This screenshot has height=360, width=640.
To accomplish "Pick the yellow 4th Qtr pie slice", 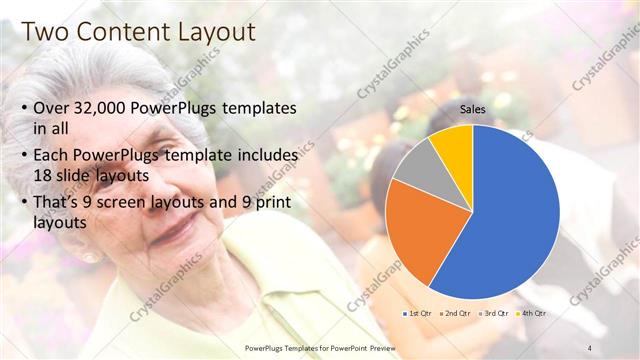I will pos(455,145).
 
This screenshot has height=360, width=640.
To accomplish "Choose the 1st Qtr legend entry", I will pos(417,313).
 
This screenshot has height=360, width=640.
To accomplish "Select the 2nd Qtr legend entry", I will pos(457,313).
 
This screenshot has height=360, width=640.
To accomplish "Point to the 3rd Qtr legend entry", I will pos(497,313).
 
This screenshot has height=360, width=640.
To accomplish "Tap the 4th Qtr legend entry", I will pos(535,313).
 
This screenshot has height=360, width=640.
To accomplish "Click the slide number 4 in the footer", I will pos(590,346).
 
